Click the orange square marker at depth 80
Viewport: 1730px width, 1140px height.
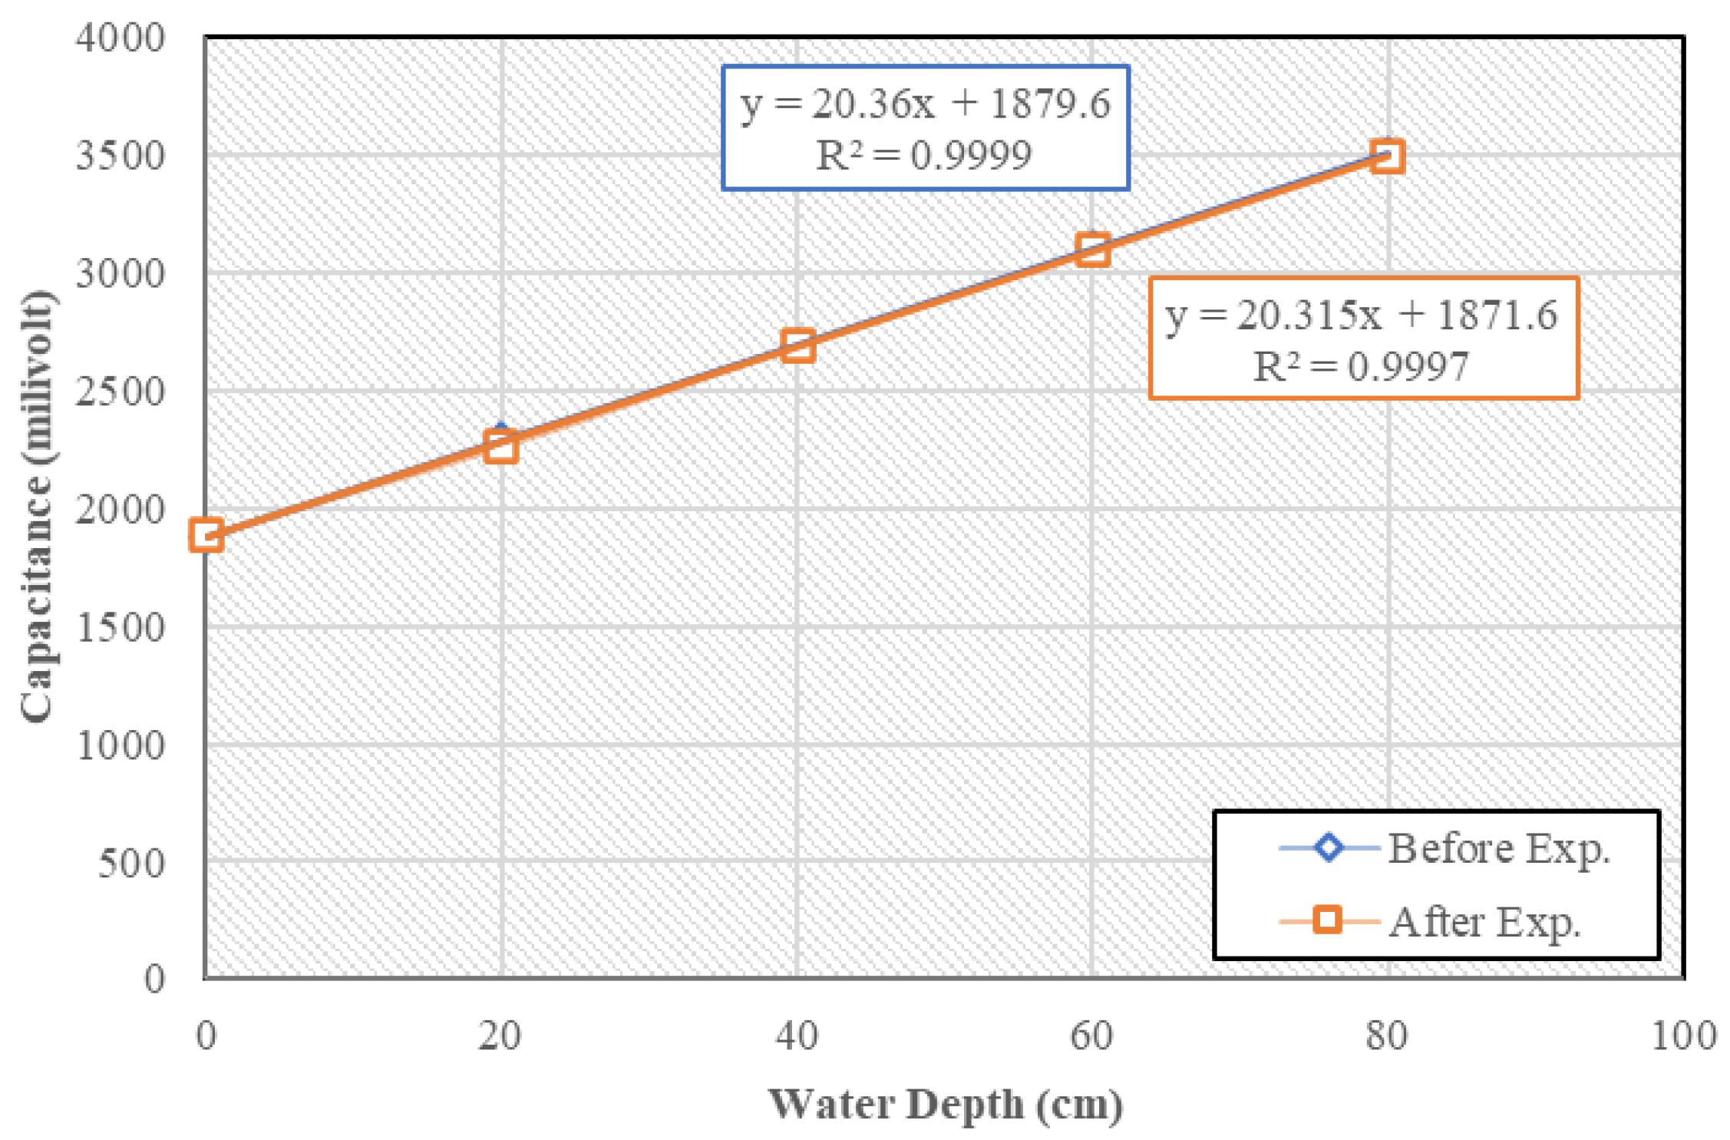pos(1387,156)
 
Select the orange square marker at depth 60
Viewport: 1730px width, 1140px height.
pos(1092,250)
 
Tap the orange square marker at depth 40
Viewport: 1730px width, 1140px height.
pos(797,346)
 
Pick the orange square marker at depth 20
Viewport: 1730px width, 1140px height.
pos(501,446)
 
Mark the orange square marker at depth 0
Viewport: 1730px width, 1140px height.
pos(206,534)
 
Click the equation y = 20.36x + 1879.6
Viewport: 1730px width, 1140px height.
pos(925,104)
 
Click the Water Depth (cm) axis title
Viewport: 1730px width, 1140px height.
pos(946,1105)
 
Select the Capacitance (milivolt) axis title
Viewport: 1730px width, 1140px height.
pos(37,507)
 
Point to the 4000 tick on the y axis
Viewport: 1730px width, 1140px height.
pos(121,38)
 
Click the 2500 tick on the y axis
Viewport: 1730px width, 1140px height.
pos(121,392)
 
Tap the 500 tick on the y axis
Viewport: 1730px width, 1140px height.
pos(131,863)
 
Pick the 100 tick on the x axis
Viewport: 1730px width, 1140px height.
pos(1683,1036)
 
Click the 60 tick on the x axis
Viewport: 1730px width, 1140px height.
pos(1091,1036)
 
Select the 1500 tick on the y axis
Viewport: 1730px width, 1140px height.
pos(121,627)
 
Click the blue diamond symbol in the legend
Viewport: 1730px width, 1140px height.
pos(1328,848)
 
